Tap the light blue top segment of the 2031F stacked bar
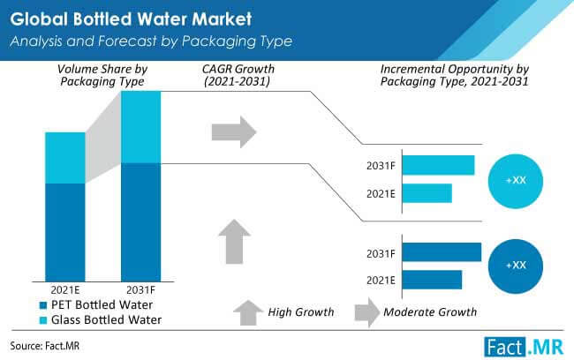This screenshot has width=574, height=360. tap(140, 127)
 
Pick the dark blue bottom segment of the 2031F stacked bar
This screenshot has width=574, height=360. tap(140, 221)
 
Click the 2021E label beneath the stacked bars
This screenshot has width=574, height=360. tap(65, 289)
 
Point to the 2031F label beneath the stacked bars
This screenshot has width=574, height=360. tap(140, 289)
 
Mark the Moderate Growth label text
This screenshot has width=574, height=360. tap(430, 311)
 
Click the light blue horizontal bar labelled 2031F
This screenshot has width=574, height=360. tap(439, 165)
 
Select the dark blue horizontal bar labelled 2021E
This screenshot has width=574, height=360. tap(432, 280)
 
